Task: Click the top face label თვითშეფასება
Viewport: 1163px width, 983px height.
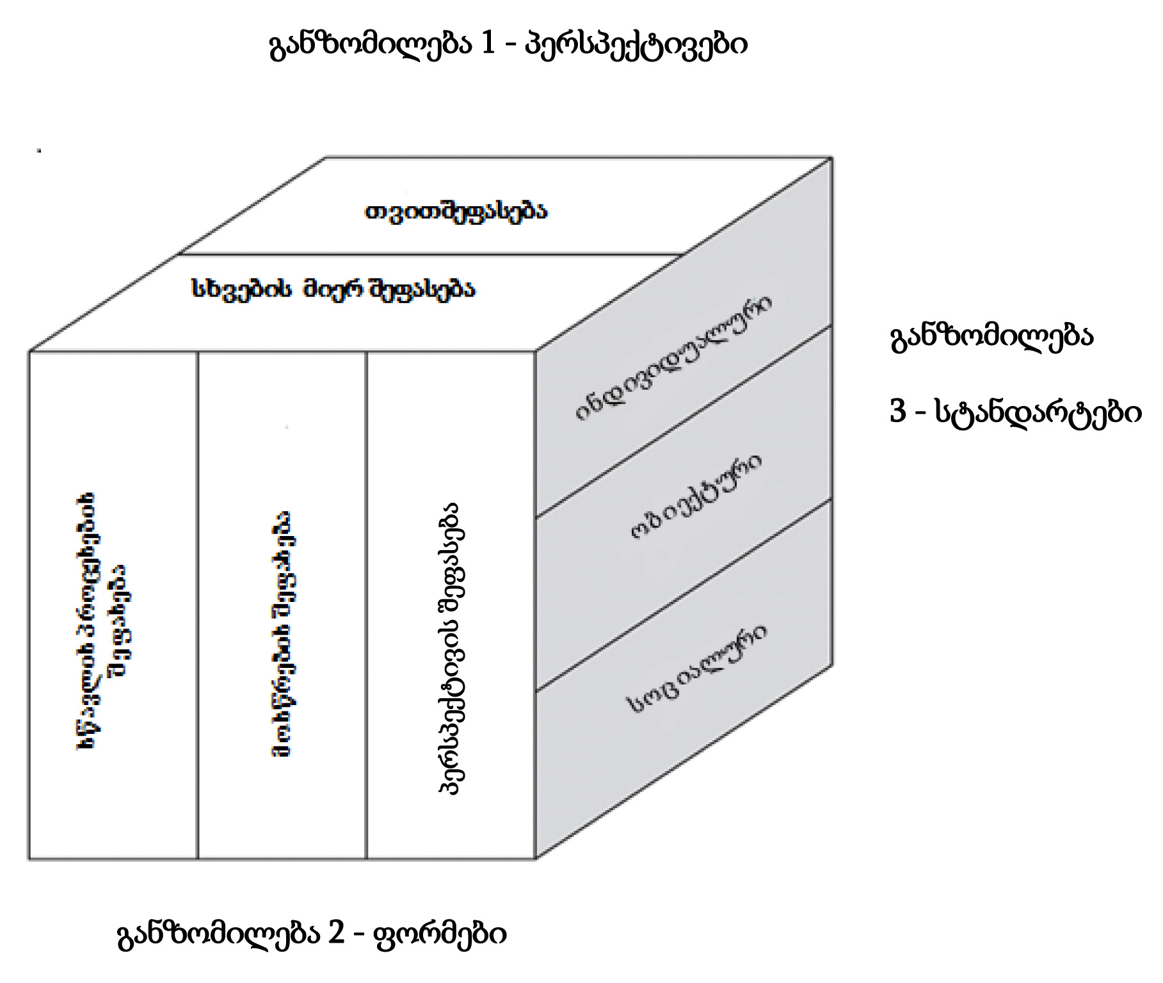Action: pos(456,211)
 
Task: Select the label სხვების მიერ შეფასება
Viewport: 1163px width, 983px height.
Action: pos(333,289)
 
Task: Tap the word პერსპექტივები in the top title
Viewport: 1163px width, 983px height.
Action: pos(636,45)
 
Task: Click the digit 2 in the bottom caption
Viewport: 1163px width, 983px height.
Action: pos(336,933)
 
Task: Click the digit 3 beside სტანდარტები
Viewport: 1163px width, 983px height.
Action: pos(898,410)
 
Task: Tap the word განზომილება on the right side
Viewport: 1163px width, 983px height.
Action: pos(991,336)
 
